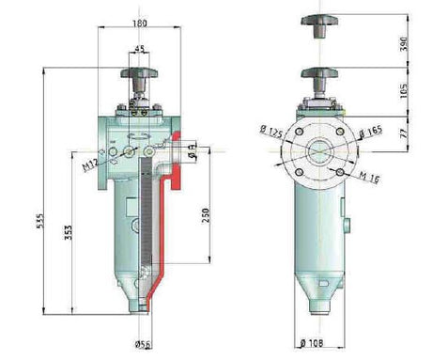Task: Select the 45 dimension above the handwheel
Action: [x=141, y=51]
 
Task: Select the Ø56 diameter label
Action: [x=143, y=344]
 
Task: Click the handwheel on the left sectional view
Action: [x=142, y=72]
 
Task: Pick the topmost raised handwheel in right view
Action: [x=322, y=21]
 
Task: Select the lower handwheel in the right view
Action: [x=322, y=74]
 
